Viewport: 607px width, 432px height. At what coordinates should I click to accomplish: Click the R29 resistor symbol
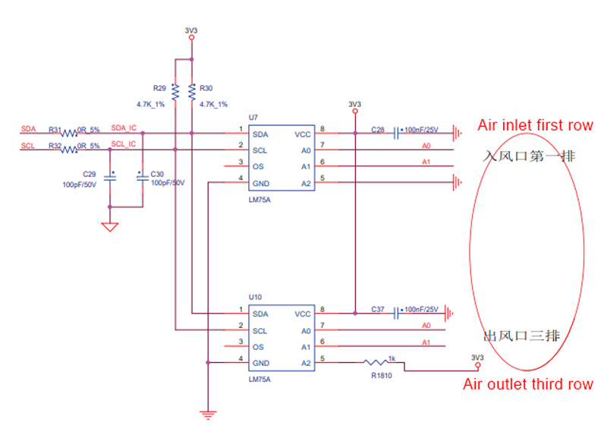pos(175,92)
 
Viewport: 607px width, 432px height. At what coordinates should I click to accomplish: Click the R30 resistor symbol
pos(191,92)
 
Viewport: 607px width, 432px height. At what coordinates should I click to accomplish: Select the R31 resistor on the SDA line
pos(69,133)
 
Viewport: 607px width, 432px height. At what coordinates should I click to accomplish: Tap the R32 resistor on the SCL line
pos(69,150)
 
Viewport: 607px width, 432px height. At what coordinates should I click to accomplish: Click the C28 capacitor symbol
pos(398,133)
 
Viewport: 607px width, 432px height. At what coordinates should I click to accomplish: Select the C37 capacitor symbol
pos(398,313)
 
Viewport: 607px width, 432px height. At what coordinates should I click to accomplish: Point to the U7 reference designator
pos(253,118)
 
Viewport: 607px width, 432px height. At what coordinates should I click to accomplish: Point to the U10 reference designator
pos(255,297)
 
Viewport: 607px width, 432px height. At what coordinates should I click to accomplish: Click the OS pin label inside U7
pos(259,166)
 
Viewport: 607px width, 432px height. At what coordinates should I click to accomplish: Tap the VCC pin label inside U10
pos(303,314)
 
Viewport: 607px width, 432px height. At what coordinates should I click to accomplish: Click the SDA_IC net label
pos(124,128)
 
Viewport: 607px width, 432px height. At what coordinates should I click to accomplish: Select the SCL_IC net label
pos(124,143)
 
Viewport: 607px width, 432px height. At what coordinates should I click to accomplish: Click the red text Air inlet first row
pos(535,125)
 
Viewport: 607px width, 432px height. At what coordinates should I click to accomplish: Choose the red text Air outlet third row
pos(528,384)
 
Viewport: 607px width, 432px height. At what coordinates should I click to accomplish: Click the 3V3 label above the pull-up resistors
pos(191,31)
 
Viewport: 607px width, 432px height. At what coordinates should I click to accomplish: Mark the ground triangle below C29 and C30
pos(110,226)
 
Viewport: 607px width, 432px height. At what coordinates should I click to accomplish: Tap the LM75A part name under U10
pos(259,377)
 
